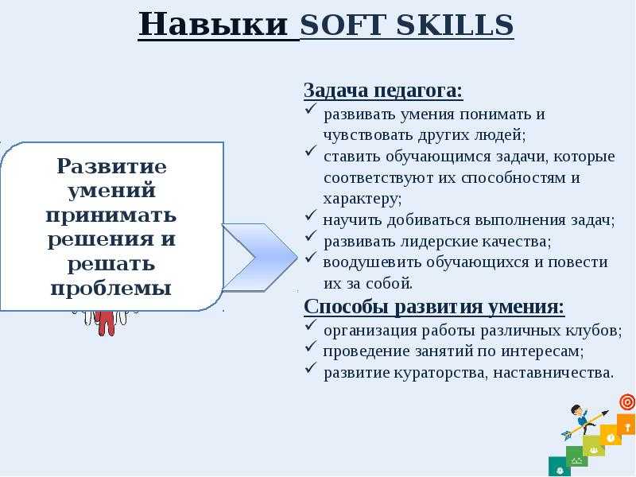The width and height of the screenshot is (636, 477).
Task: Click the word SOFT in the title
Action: pos(344,25)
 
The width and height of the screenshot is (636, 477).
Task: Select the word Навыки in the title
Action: pos(213,25)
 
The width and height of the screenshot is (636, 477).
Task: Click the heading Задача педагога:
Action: pos(383,91)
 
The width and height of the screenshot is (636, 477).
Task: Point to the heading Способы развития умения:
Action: pos(434,306)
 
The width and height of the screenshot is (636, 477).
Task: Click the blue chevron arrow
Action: pos(260,257)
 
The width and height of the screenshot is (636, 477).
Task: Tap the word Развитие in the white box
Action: pos(111,166)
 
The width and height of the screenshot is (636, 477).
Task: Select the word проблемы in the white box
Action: pos(111,289)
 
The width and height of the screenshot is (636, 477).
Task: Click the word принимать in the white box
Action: pos(111,215)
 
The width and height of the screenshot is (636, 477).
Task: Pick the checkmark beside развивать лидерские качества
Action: pos(311,236)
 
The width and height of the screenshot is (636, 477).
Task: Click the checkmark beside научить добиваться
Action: pos(311,215)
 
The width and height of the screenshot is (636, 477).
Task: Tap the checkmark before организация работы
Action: pos(311,325)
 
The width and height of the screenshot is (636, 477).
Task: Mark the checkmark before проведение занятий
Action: pos(311,346)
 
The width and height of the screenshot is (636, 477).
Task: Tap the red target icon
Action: pos(627,402)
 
